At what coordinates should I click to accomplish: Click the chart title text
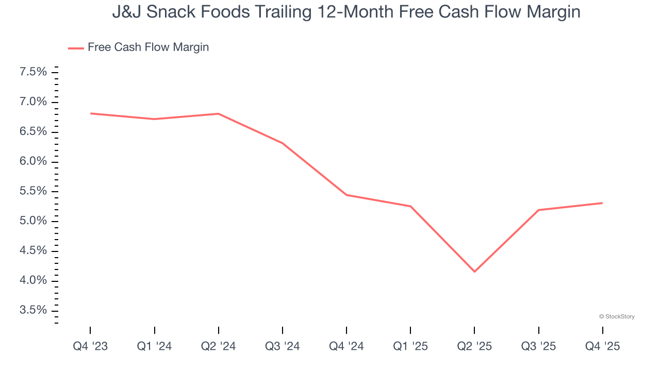coord(346,12)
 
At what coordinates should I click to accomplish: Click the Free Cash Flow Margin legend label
coord(148,47)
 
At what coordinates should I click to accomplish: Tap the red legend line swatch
coord(76,48)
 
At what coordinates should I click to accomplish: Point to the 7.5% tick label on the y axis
coord(33,72)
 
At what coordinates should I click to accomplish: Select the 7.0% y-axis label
coord(33,102)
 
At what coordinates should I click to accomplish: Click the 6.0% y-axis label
coord(33,162)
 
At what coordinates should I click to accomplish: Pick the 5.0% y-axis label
coord(33,221)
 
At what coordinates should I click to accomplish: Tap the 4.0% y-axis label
coord(33,281)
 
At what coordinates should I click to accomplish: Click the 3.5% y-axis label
coord(33,310)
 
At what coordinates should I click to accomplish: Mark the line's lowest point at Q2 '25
coord(474,272)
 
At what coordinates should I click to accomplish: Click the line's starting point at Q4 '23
coord(91,113)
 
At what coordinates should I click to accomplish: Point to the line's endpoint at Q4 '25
coord(602,203)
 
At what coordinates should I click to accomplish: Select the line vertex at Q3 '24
coord(283,143)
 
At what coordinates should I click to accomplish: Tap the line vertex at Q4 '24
coord(346,195)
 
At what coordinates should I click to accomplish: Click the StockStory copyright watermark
coord(617,316)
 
